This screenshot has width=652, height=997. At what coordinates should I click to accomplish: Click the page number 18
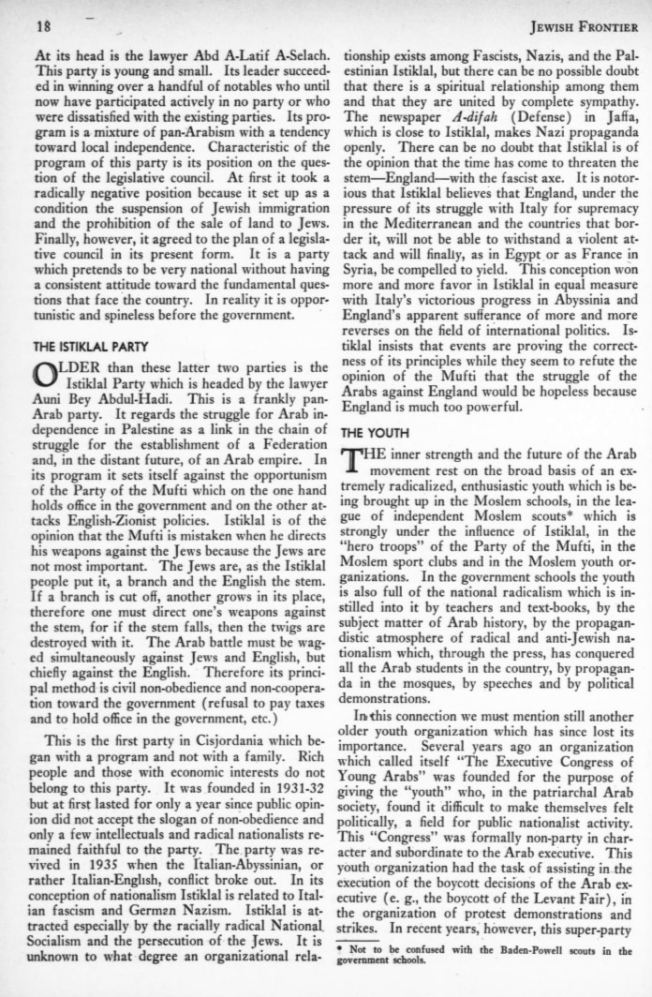tap(43, 21)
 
